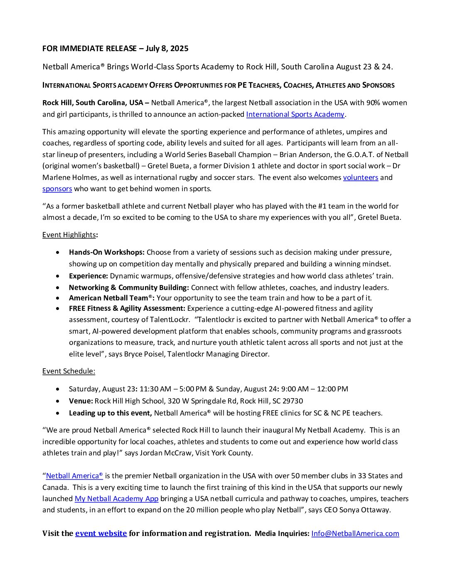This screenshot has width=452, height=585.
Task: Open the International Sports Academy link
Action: (x=295, y=114)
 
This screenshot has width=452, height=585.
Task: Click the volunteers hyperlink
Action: (x=360, y=177)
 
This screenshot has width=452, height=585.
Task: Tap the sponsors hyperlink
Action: (x=57, y=189)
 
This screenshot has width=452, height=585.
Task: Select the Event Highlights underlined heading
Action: (x=69, y=235)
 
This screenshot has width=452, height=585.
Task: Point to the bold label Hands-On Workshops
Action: (x=107, y=252)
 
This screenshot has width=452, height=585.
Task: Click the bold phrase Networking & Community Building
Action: (x=129, y=288)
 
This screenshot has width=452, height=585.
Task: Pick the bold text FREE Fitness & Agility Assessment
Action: (x=127, y=308)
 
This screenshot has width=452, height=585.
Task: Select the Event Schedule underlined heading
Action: (x=69, y=371)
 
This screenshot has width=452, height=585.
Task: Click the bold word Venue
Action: (x=81, y=401)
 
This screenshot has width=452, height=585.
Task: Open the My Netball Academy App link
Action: (x=116, y=499)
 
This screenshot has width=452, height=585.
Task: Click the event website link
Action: (x=101, y=533)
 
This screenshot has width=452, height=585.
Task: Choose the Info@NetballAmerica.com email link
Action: (x=355, y=533)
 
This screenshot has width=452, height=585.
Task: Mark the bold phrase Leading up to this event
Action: (x=110, y=413)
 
